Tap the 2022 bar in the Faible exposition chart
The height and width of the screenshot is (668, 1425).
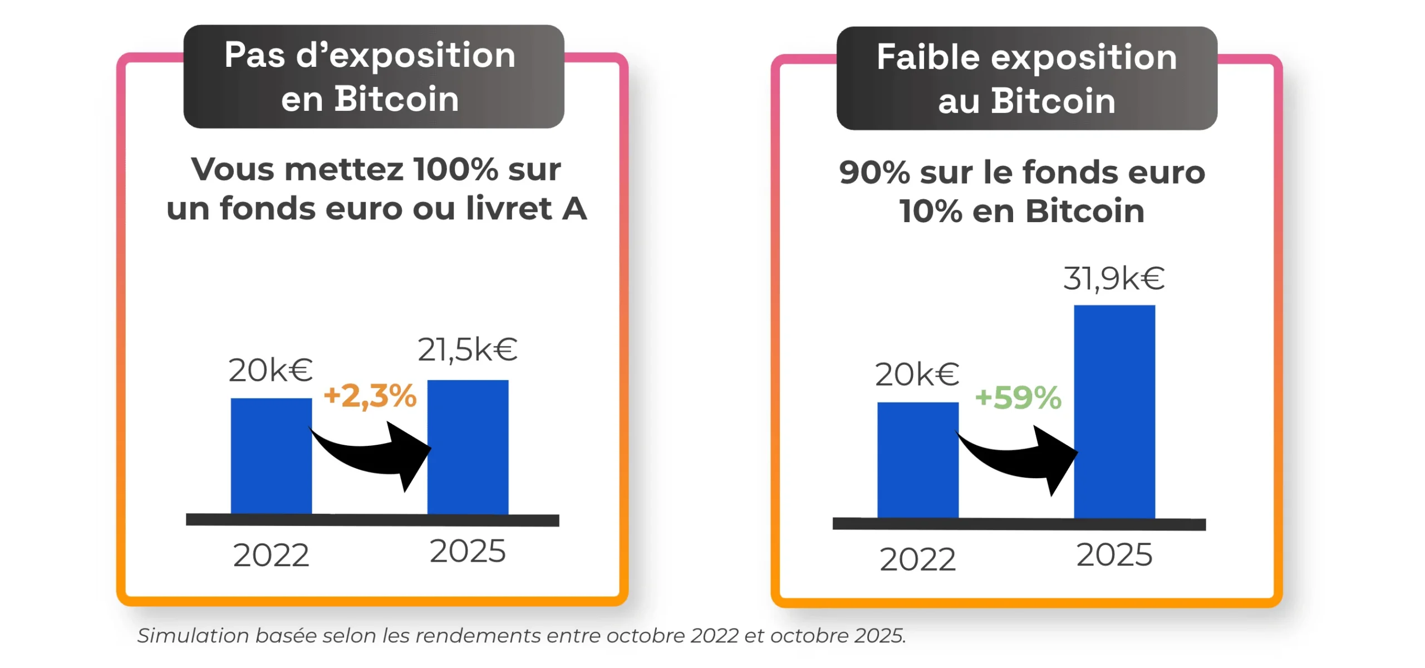pos(918,460)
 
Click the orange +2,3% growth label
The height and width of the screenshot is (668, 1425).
pos(370,396)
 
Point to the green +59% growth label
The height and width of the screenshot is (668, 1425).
pos(1018,398)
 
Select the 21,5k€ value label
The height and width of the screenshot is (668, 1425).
pos(468,350)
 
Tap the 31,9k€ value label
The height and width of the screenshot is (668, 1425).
pos(1114,278)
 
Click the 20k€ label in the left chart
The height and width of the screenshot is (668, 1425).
pos(271,371)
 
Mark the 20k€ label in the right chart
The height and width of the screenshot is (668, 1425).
pos(917,374)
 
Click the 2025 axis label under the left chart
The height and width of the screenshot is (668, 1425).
pos(468,552)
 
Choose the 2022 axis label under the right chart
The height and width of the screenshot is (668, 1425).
pos(917,559)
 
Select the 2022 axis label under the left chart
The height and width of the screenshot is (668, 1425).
pos(271,556)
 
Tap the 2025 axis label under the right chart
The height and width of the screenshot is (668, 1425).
pos(1114,555)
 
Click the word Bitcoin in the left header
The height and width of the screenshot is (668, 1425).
pos(396,99)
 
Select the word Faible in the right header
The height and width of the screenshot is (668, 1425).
pos(928,57)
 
